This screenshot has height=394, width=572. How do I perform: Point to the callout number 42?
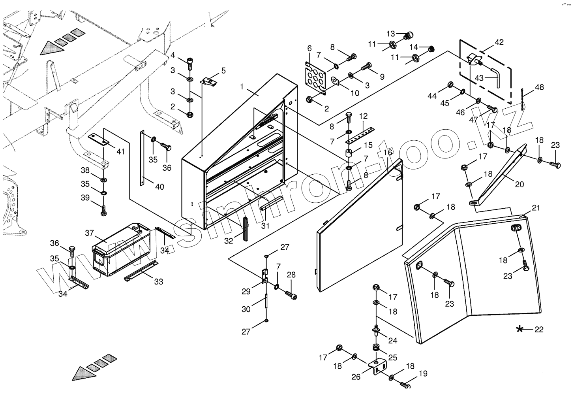[x=499, y=42]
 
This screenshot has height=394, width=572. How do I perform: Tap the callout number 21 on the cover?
[x=535, y=208]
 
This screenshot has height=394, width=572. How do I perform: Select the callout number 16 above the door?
[x=388, y=153]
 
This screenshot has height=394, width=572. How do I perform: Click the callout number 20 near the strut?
[x=519, y=184]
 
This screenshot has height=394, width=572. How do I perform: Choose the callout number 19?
[x=423, y=373]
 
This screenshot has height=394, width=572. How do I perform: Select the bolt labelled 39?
[x=104, y=209]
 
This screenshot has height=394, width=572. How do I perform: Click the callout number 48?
[x=539, y=87]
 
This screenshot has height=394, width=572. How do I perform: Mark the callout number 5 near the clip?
[x=223, y=71]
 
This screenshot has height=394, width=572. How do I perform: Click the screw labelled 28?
[x=291, y=294]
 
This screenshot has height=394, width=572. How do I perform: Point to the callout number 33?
[x=158, y=282]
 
